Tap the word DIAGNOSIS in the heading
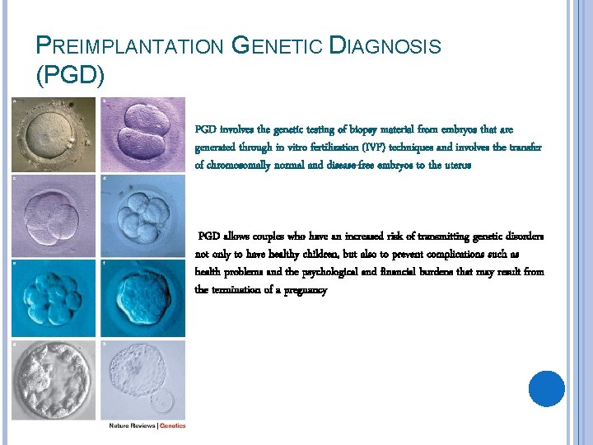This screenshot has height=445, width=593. click(385, 47)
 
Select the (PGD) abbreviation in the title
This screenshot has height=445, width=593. click(70, 77)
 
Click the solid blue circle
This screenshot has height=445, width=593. click(547, 388)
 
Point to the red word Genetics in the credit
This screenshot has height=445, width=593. click(172, 426)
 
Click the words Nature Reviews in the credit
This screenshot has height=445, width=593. click(133, 426)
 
